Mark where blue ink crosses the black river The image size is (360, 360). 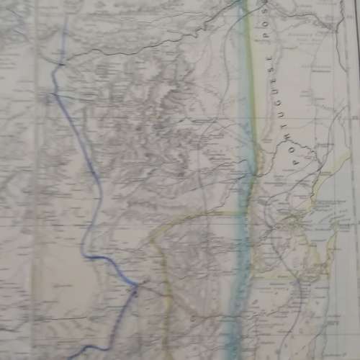tap(60, 65)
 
